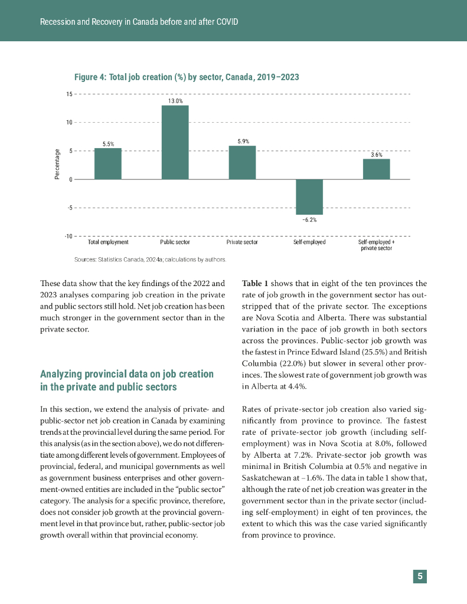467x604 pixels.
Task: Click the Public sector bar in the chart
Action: [x=175, y=142]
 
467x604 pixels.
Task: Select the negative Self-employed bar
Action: [x=309, y=196]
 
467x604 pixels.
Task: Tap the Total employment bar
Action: [x=108, y=163]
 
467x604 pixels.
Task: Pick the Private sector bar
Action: [x=242, y=162]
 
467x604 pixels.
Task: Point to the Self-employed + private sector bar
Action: [x=376, y=169]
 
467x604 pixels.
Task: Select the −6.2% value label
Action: [x=309, y=220]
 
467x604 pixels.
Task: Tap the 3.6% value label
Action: [x=376, y=155]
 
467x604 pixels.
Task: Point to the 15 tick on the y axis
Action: [x=69, y=94]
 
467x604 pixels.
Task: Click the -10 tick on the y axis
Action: [x=68, y=237]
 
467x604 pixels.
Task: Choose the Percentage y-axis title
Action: [x=58, y=165]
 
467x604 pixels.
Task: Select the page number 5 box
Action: [x=420, y=576]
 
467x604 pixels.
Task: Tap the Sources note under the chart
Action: [x=150, y=259]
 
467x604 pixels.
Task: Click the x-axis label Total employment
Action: [x=108, y=242]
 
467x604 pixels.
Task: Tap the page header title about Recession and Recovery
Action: [x=139, y=22]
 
